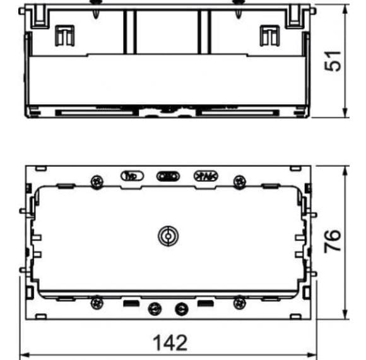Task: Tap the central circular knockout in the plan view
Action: (167, 236)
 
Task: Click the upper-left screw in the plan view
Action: (97, 182)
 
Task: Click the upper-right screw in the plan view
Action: (239, 182)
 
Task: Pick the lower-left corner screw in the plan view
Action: (97, 303)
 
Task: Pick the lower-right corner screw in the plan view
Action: (239, 303)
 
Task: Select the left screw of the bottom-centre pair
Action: (153, 309)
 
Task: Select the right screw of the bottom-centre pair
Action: (182, 309)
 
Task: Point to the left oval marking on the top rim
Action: (132, 176)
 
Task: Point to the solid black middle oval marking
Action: (168, 176)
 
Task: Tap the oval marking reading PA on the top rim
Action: (204, 176)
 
